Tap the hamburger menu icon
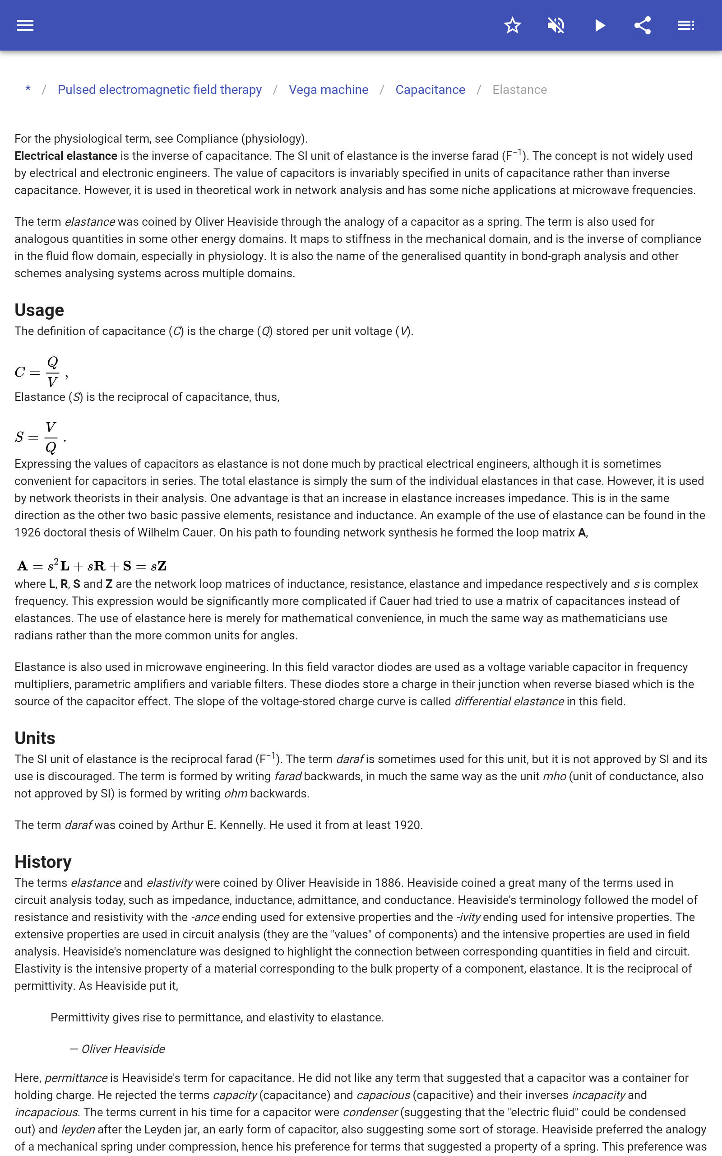(x=25, y=25)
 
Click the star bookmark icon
(x=512, y=25)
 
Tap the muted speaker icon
(x=556, y=25)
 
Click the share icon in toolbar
(x=643, y=25)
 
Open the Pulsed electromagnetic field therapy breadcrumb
(x=159, y=90)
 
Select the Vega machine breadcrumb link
(x=329, y=90)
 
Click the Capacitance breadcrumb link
(x=430, y=90)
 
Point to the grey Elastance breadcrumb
(x=519, y=90)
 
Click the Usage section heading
(x=39, y=310)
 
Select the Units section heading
(x=35, y=738)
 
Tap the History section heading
(x=43, y=862)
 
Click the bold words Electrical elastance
(x=66, y=156)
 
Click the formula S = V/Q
(x=40, y=437)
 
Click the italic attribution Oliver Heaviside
(x=123, y=1049)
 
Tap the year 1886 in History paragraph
(x=388, y=883)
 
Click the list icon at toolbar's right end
(x=686, y=25)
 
